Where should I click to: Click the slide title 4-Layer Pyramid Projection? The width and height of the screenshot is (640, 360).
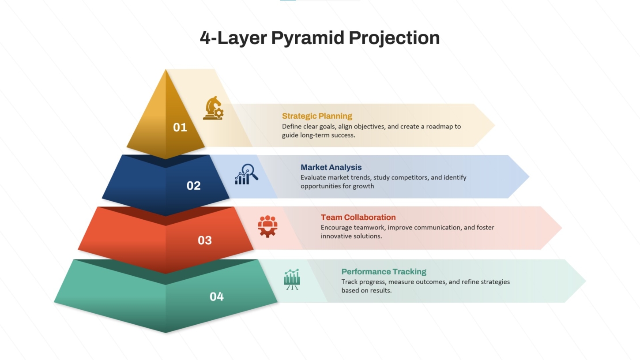pos(320,38)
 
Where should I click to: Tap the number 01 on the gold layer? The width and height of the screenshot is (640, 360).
pos(180,127)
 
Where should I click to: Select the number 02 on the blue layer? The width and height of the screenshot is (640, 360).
pos(193,186)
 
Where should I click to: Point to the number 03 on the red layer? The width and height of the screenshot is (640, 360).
pos(204,240)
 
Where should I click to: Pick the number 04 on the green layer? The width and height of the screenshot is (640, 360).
pos(217,296)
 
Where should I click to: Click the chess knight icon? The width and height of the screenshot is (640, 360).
pos(214,108)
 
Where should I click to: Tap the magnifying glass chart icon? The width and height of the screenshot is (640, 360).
pos(247,174)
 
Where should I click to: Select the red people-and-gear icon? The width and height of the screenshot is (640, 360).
pos(267,226)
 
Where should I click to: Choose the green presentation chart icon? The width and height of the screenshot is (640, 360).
pos(292,279)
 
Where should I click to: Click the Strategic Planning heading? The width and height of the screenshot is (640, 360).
pos(317,116)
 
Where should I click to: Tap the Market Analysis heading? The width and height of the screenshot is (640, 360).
pos(331,167)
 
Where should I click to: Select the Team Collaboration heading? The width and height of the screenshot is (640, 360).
pos(358,217)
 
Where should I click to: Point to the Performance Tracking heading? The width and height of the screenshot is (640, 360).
pos(384,271)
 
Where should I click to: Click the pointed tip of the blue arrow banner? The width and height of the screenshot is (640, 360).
pos(529,177)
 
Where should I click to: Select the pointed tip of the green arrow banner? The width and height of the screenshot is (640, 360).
pos(585,281)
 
